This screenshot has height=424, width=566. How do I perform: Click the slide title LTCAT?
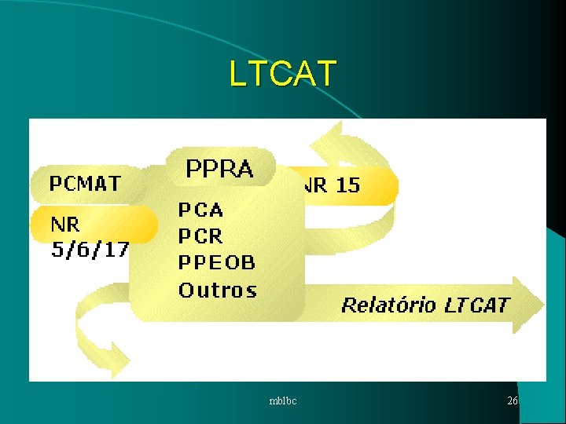tap(282, 73)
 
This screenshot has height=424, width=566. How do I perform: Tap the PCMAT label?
tap(85, 184)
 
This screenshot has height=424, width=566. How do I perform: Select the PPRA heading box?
tap(219, 168)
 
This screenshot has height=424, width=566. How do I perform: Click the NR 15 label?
tap(332, 185)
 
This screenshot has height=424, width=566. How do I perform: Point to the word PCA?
tap(200, 210)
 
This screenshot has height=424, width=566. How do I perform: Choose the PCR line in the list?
tap(200, 236)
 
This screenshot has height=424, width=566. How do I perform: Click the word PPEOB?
tap(216, 263)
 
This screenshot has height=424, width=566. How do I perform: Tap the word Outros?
tap(218, 290)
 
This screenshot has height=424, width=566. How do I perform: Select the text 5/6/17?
tap(90, 250)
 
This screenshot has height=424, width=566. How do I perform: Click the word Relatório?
tap(388, 305)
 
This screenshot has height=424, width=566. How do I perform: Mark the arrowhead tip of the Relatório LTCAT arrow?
tap(542, 304)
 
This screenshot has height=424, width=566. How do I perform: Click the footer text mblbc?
tap(282, 401)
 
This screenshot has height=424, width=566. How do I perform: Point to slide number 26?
tap(513, 401)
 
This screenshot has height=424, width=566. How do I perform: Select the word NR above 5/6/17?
tap(65, 225)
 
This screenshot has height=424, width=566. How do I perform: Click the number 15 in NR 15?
tap(347, 185)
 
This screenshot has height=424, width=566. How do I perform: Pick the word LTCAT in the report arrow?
tap(477, 305)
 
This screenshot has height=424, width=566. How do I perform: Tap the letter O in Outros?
tap(187, 290)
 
